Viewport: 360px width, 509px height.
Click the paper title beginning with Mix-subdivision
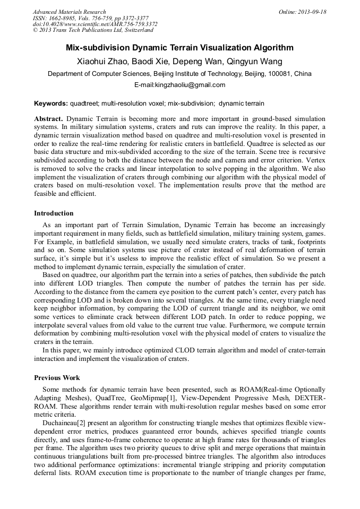tap(179, 48)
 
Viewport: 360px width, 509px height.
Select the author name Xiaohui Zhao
tap(102, 62)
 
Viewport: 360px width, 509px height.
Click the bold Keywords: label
tap(51, 103)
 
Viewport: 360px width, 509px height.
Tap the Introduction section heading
tap(54, 213)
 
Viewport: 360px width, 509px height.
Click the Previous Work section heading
tap(57, 378)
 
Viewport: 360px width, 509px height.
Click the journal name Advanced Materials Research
tap(69, 12)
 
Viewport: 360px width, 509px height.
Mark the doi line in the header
tap(95, 24)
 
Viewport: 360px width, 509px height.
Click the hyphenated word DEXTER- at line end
tap(310, 398)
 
